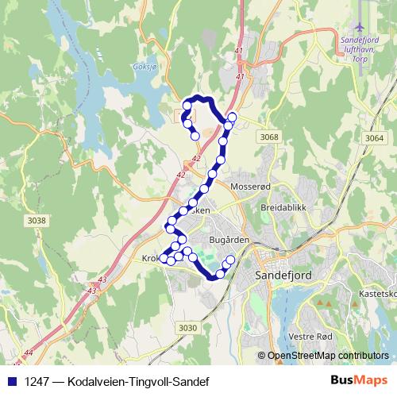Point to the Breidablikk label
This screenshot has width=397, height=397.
tap(283, 207)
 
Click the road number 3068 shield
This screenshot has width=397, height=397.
tap(269, 137)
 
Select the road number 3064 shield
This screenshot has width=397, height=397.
tap(374, 138)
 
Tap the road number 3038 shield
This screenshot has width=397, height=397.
tap(37, 220)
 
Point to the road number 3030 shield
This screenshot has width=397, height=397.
tap(188, 328)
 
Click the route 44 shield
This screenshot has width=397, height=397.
tap(29, 352)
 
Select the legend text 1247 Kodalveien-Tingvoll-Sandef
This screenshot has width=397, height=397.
tap(116, 382)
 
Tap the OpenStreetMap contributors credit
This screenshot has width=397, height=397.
tap(328, 357)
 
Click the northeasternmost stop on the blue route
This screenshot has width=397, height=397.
tap(232, 118)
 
